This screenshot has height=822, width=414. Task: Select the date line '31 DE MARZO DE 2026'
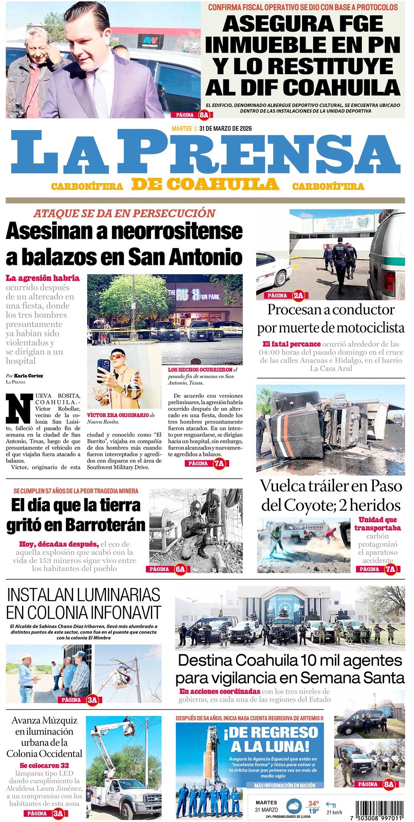pyautogui.click(x=225, y=128)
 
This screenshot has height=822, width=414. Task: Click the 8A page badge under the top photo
pyautogui.click(x=204, y=115)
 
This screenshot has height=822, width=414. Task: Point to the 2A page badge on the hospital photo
pyautogui.click(x=298, y=296)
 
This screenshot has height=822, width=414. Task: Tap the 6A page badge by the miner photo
pyautogui.click(x=180, y=569)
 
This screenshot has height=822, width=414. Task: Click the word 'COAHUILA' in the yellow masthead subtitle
pyautogui.click(x=223, y=185)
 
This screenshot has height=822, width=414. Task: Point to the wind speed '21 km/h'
pyautogui.click(x=334, y=812)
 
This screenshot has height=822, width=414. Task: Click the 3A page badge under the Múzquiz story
pyautogui.click(x=58, y=814)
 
